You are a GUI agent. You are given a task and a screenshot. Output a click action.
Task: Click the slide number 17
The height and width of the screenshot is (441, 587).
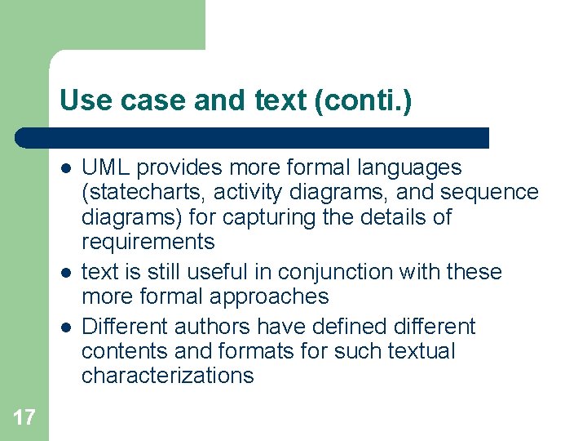(x=24, y=418)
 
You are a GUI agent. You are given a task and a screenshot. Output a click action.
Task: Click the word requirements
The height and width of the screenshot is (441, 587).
(x=148, y=243)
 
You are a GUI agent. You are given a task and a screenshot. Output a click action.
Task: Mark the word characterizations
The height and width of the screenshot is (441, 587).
(x=168, y=376)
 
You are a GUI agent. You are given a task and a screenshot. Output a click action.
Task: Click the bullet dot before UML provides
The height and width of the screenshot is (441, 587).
(x=64, y=169)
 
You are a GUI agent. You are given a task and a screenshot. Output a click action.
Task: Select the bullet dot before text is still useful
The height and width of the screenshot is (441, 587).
(x=64, y=273)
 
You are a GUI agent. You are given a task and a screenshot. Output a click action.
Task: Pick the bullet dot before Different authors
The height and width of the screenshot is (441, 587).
(x=64, y=327)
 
